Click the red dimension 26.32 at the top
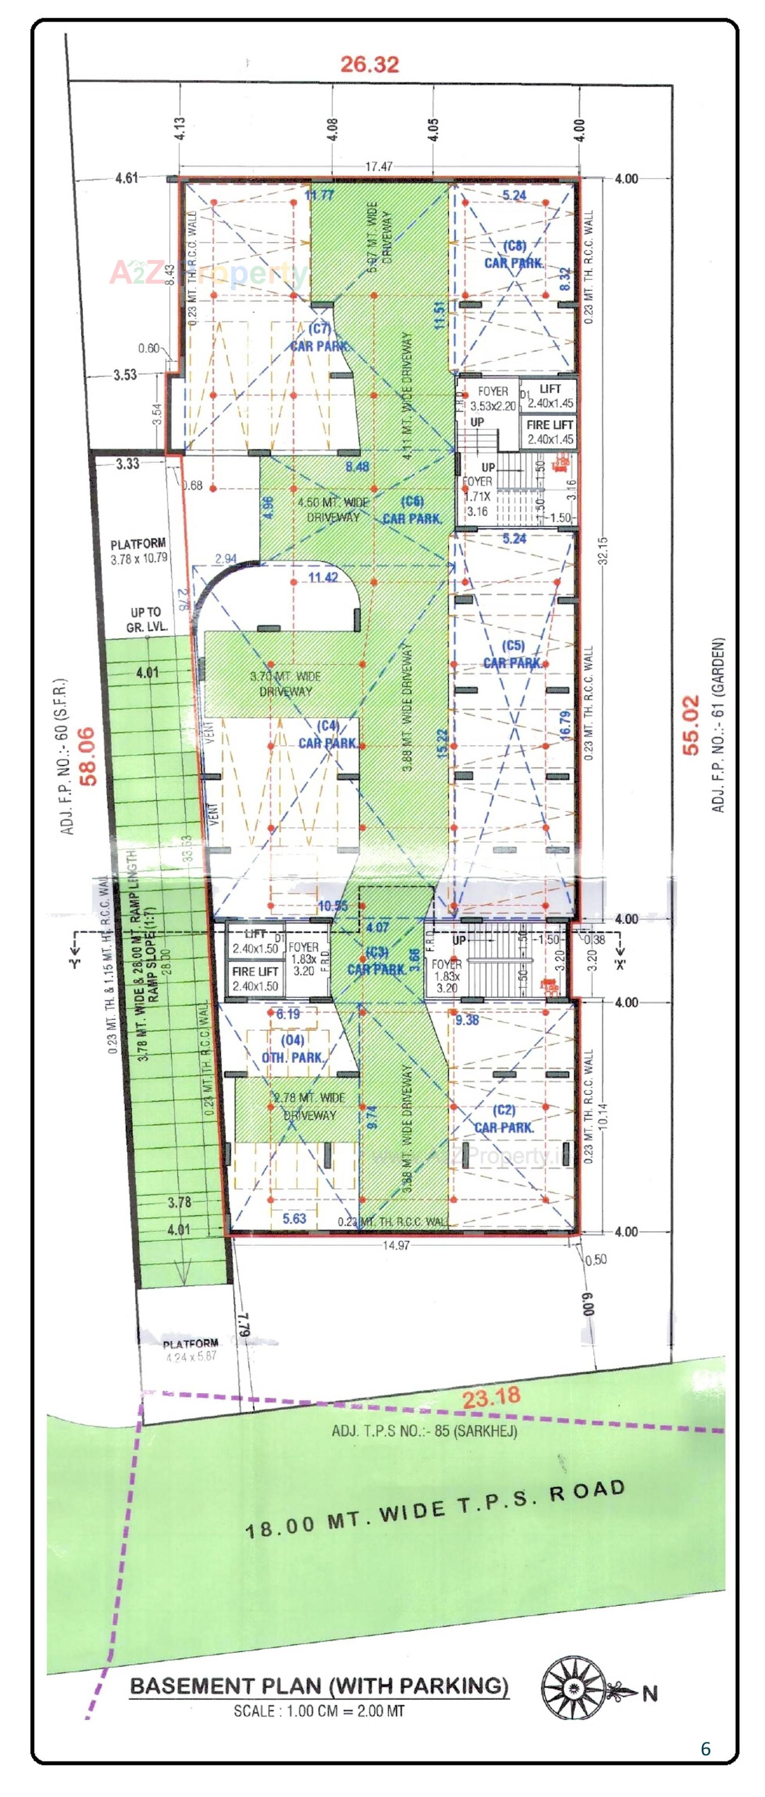370,64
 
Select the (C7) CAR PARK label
320,337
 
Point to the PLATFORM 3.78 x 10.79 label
139,550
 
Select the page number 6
705,1748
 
